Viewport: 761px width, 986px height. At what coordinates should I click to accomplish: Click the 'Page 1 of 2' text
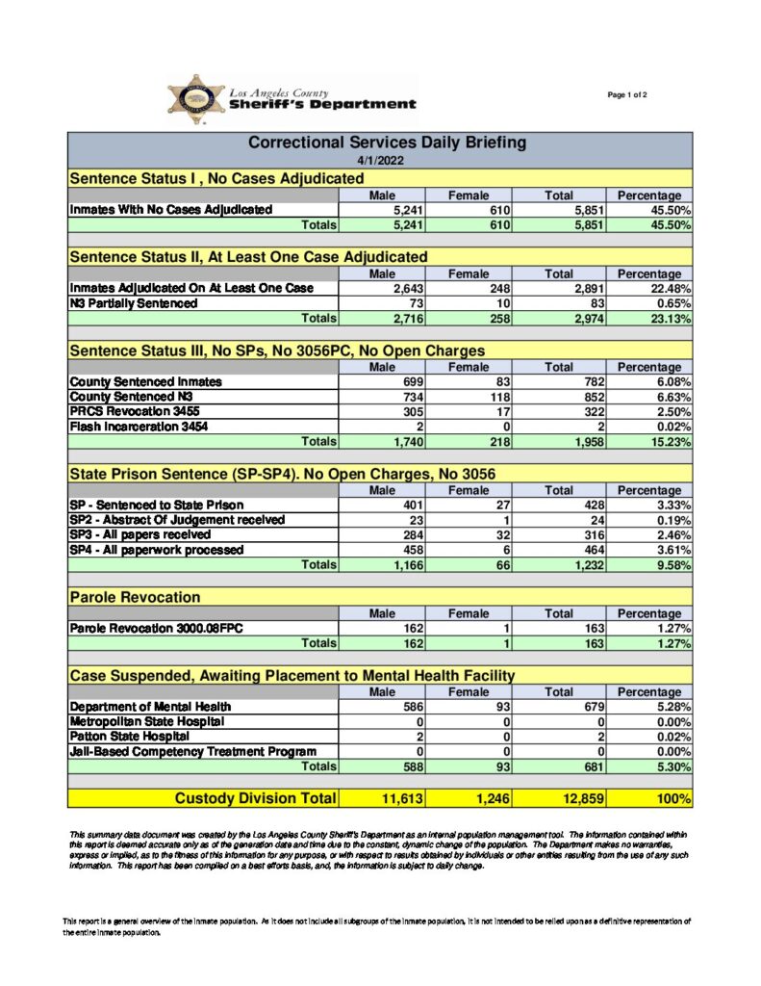pos(627,94)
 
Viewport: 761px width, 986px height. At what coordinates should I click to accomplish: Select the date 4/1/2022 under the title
pos(379,161)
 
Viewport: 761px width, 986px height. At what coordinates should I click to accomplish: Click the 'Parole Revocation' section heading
pos(135,598)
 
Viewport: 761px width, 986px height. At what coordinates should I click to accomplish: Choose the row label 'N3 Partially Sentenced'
pos(134,303)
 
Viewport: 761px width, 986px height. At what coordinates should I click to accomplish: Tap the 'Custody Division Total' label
pos(255,798)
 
